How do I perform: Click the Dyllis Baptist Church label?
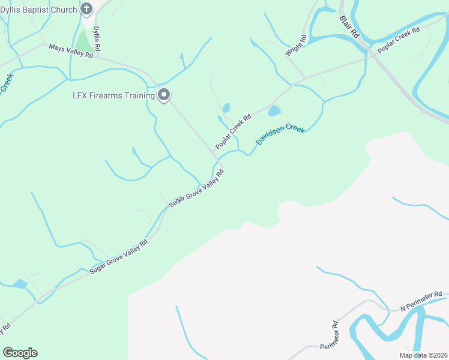click(x=38, y=10)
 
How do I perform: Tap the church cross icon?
click(x=86, y=9)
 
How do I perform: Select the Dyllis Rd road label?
click(x=97, y=38)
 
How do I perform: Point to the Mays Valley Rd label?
click(x=71, y=51)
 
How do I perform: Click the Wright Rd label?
click(x=296, y=45)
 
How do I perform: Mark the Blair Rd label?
click(x=348, y=27)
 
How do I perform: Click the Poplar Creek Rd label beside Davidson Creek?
click(x=233, y=133)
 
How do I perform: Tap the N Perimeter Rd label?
click(x=421, y=301)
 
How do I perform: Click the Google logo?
click(x=20, y=353)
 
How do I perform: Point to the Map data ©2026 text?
click(x=423, y=355)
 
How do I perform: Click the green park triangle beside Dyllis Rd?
click(x=82, y=42)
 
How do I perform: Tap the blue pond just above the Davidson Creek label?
click(x=274, y=111)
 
